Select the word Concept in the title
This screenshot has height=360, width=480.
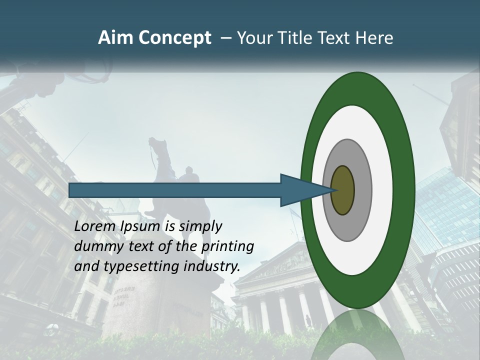(174, 38)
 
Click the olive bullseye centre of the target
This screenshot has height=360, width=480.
(342, 190)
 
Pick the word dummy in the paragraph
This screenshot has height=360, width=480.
(95, 247)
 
